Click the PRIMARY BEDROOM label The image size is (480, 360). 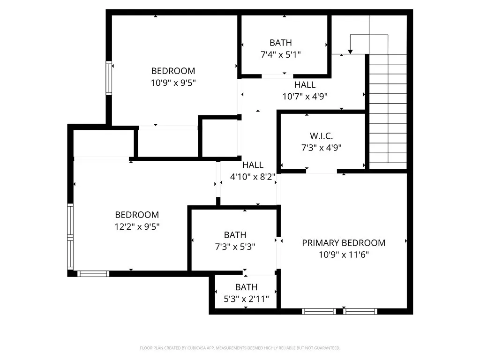coord(343,243)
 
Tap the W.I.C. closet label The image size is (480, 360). coord(321,136)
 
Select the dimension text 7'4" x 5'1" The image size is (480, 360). coord(280,54)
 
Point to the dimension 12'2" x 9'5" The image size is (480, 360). coord(137,226)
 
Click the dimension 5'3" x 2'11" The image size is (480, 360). coord(246,299)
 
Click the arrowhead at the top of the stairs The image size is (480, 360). coord(350,51)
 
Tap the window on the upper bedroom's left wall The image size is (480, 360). coord(109,78)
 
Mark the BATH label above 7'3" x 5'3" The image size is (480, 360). coord(235,235)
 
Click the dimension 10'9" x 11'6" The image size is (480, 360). coord(343,255)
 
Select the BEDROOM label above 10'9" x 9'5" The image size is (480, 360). coord(173,71)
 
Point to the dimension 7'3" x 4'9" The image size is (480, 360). coord(321,148)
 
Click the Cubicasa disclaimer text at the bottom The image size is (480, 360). coord(240,348)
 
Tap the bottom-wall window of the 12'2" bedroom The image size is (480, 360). coord(93,274)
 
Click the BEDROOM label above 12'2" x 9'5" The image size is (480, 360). coord(137,215)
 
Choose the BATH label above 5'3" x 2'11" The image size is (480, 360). coord(246,287)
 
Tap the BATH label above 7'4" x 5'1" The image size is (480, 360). coord(280,43)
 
